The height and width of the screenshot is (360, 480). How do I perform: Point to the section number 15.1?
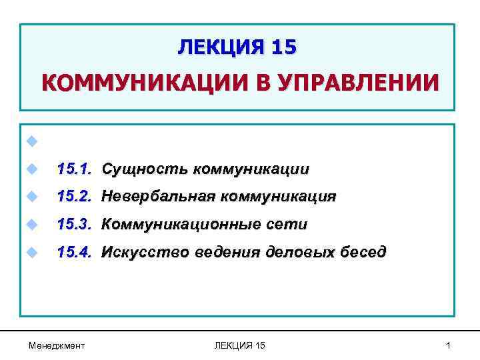pos(74,169)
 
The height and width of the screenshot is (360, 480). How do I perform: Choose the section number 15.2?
pos(74,197)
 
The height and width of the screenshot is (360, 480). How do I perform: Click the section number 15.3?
pos(74,225)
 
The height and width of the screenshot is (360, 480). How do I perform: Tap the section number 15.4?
pos(74,253)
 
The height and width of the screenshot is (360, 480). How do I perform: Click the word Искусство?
pos(145,253)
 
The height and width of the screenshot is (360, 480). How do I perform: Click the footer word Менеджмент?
pos(57,345)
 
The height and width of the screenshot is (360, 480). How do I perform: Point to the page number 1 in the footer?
pos(449,345)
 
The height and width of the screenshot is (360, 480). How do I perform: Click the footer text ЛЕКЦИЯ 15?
pos(240,345)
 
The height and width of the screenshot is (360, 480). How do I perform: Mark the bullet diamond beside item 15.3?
pos(31,225)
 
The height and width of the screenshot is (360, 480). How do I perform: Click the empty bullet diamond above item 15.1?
pos(31,141)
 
